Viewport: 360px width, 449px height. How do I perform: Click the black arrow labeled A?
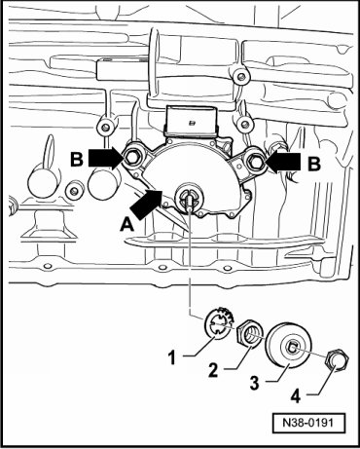coord(146,204)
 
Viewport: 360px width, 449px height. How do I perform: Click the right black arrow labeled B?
coord(282,162)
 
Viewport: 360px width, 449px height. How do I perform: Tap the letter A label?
coord(126,225)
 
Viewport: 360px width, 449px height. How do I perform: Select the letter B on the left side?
coord(77,159)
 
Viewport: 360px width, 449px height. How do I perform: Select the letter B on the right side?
coord(314,164)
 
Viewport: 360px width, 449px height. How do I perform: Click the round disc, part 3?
coord(289,346)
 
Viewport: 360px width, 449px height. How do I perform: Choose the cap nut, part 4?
coord(339,360)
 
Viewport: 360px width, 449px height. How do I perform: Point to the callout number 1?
coord(172,358)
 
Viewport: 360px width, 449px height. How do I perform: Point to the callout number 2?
coord(213,370)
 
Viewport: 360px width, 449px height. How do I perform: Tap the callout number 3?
coord(255,383)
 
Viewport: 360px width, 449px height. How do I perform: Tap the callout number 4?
coord(296,396)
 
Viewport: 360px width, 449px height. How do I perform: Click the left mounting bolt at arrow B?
coord(131,158)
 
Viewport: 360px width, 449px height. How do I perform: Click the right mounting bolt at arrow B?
coord(255,160)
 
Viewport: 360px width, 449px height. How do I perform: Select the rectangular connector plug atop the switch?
coord(191,121)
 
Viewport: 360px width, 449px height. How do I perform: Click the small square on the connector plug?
coord(192,123)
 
